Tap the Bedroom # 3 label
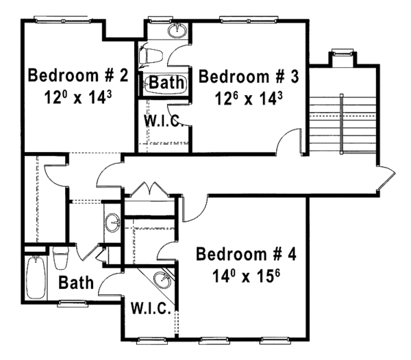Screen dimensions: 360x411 pyautogui.click(x=249, y=76)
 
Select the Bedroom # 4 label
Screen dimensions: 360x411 pyautogui.click(x=246, y=255)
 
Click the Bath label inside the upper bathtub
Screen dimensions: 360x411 pyautogui.click(x=167, y=83)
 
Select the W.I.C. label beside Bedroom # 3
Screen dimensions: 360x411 pyautogui.click(x=162, y=120)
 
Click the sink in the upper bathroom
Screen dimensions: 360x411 pyautogui.click(x=177, y=30)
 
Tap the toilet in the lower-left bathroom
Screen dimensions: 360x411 pyautogui.click(x=61, y=258)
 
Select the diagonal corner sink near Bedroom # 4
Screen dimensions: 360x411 pyautogui.click(x=162, y=279)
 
